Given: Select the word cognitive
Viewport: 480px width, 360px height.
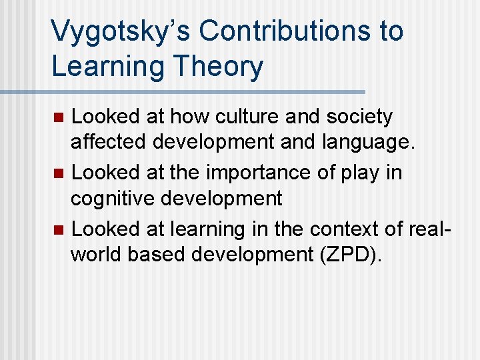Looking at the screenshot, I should [x=110, y=198].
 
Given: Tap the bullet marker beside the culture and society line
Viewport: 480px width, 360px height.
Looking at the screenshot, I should [x=59, y=118].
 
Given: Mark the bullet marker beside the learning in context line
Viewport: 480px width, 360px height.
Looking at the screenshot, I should [x=59, y=230].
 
